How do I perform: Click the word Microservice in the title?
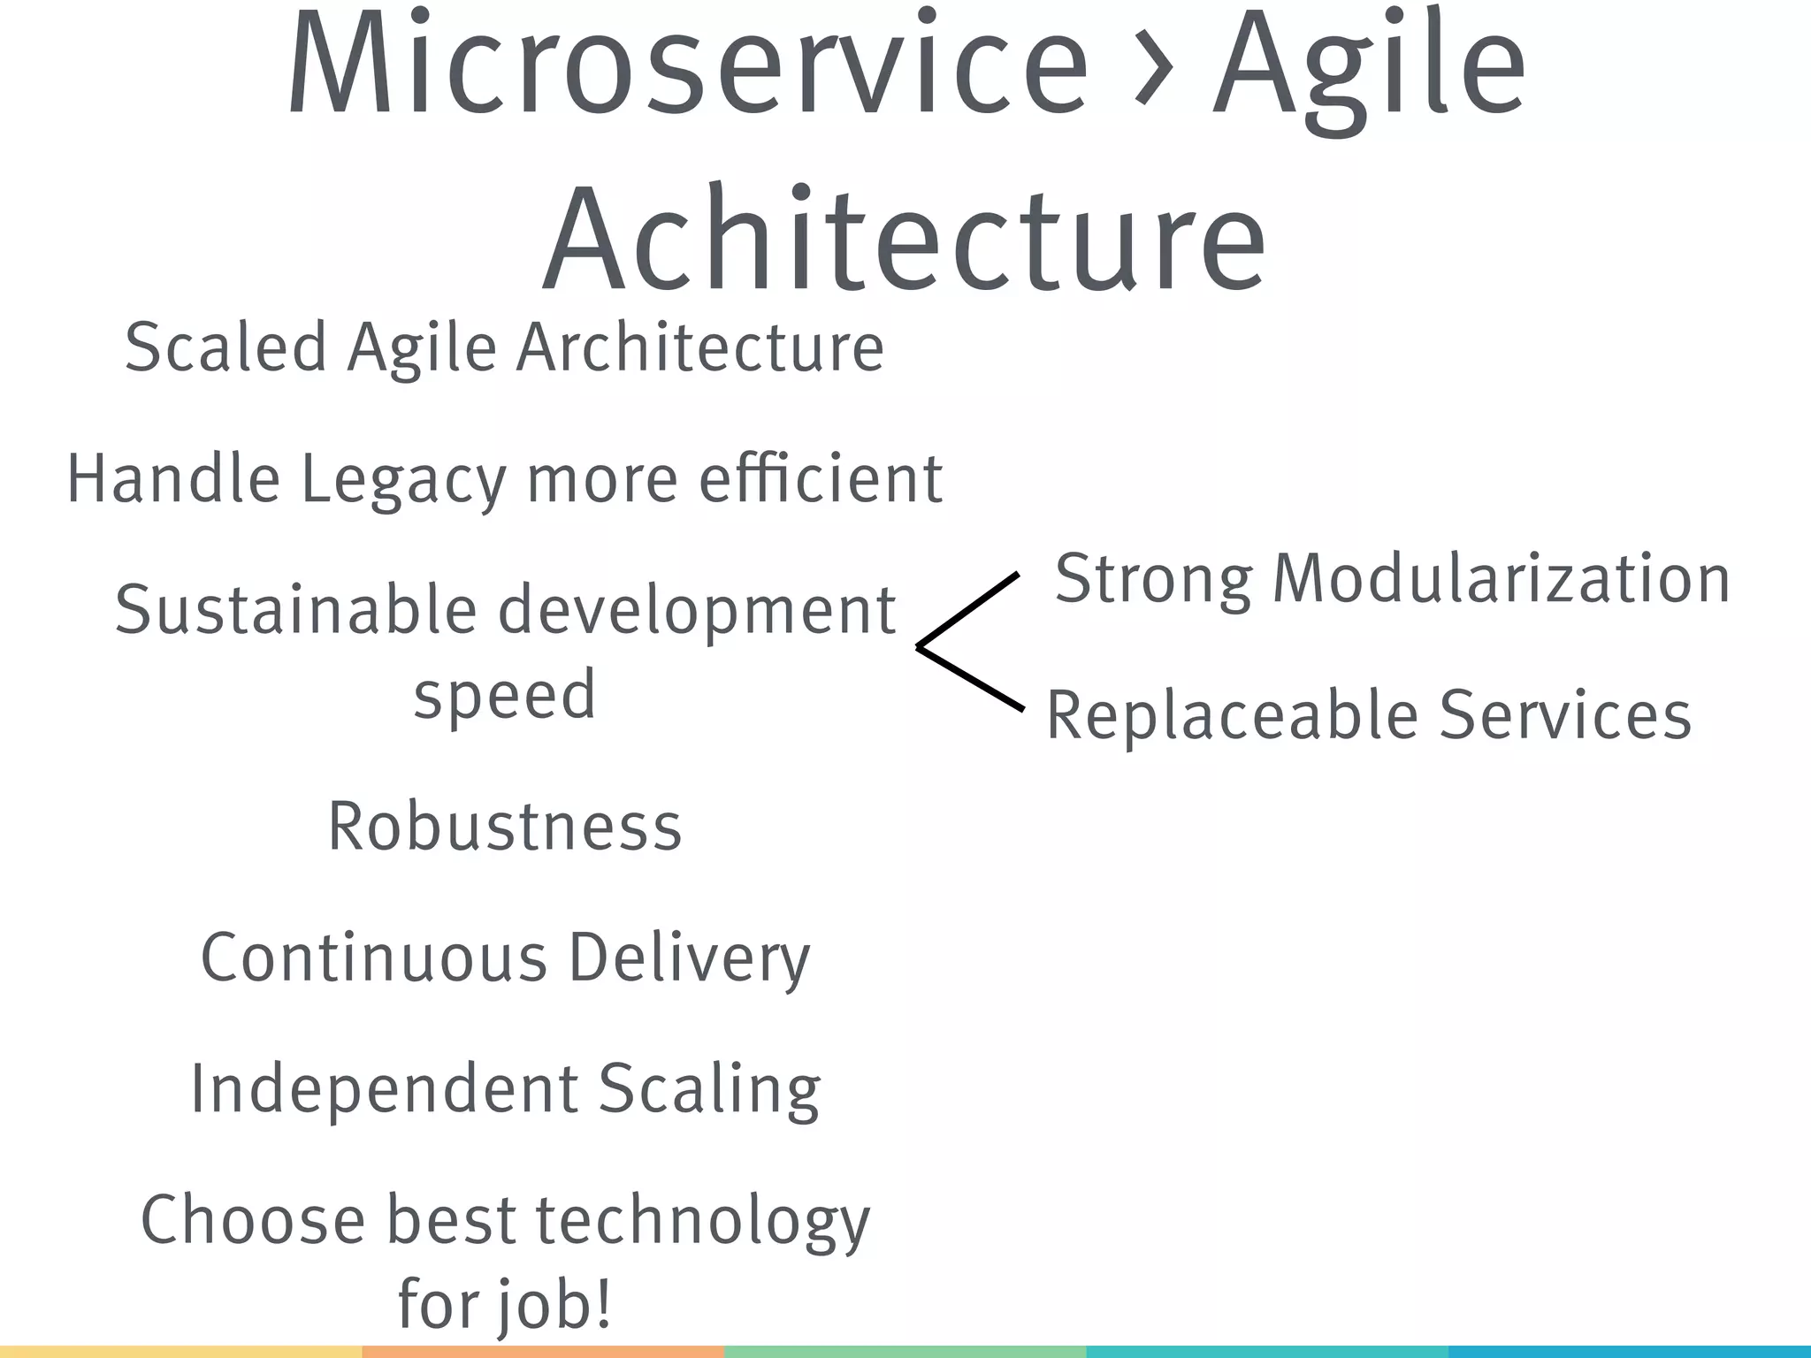pyautogui.click(x=687, y=66)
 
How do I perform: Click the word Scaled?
pyautogui.click(x=225, y=347)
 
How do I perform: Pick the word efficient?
pyautogui.click(x=821, y=478)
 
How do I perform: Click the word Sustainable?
pyautogui.click(x=296, y=611)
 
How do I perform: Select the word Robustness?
pyautogui.click(x=505, y=827)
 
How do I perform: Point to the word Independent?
pyautogui.click(x=384, y=1089)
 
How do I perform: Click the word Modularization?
pyautogui.click(x=1501, y=579)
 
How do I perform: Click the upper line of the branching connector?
pyautogui.click(x=968, y=610)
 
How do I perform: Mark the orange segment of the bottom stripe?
pyautogui.click(x=543, y=1352)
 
